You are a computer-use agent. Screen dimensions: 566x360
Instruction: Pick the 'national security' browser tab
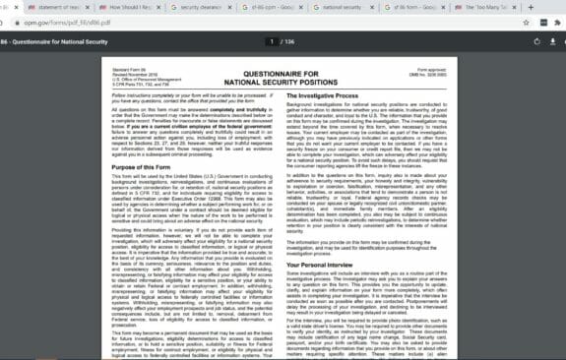click(x=344, y=6)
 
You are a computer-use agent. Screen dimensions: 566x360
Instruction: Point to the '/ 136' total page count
click(x=286, y=42)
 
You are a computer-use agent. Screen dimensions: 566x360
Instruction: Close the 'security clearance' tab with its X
click(x=232, y=7)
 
